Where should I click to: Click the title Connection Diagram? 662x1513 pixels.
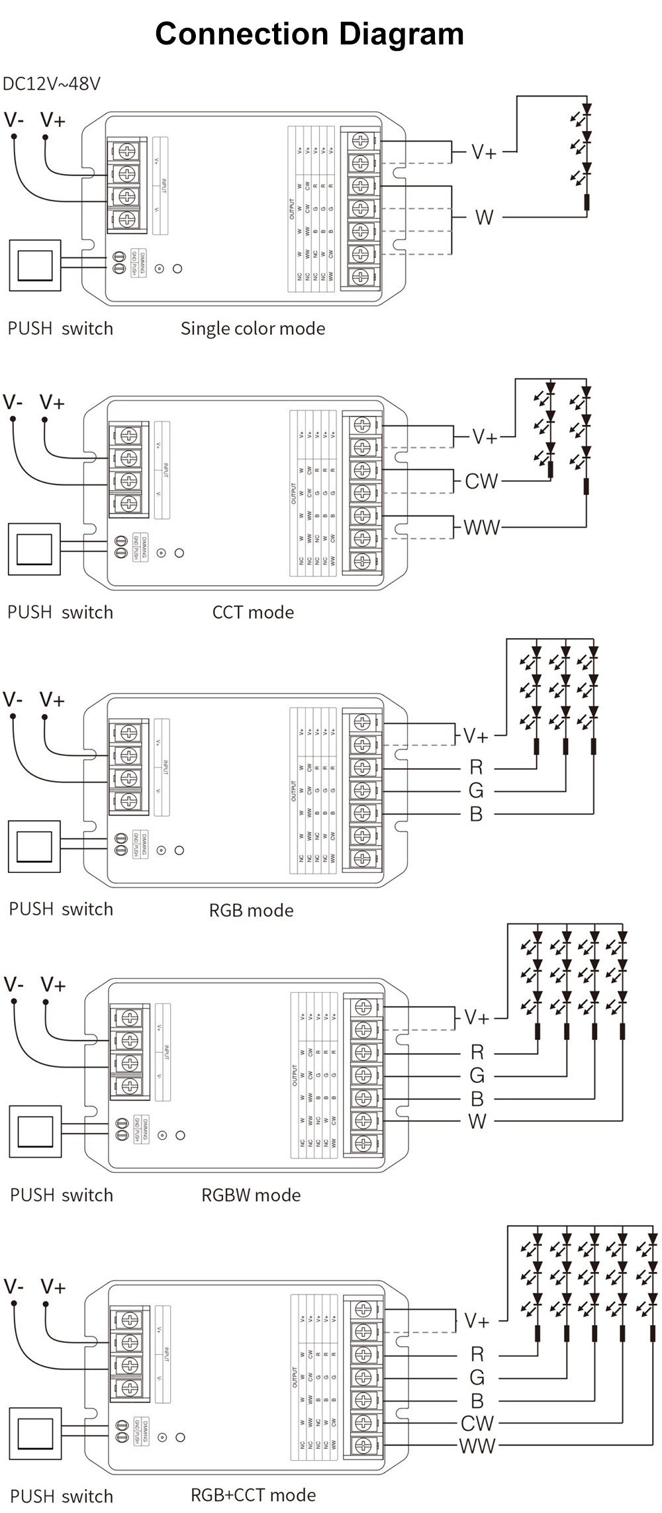tap(309, 34)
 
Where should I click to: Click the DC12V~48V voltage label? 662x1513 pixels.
tap(52, 84)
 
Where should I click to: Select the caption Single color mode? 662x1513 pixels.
tap(253, 328)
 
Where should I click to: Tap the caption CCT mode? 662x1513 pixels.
tap(253, 612)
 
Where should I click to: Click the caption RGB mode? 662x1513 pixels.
tap(251, 910)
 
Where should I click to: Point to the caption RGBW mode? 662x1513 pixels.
tap(251, 1195)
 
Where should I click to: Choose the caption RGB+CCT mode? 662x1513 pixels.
tap(253, 1494)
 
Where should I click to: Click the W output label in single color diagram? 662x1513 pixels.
tap(484, 217)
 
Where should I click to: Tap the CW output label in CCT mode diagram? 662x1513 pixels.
tap(481, 481)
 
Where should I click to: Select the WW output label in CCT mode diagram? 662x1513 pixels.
tap(481, 527)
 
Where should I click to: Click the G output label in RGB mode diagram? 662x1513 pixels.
tap(476, 790)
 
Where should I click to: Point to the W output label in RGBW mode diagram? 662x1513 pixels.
tap(477, 1121)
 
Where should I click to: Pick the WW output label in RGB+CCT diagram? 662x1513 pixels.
tap(477, 1445)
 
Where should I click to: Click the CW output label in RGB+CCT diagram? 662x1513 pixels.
tap(477, 1423)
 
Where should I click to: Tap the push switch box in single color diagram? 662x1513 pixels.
tap(34, 265)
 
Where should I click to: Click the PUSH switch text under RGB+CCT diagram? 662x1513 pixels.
tap(61, 1496)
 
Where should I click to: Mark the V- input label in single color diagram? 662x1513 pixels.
tap(14, 120)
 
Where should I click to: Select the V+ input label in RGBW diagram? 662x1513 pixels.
tap(53, 985)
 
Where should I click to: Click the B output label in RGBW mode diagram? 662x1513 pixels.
tap(477, 1099)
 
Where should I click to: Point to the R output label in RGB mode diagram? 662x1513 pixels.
tap(476, 767)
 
